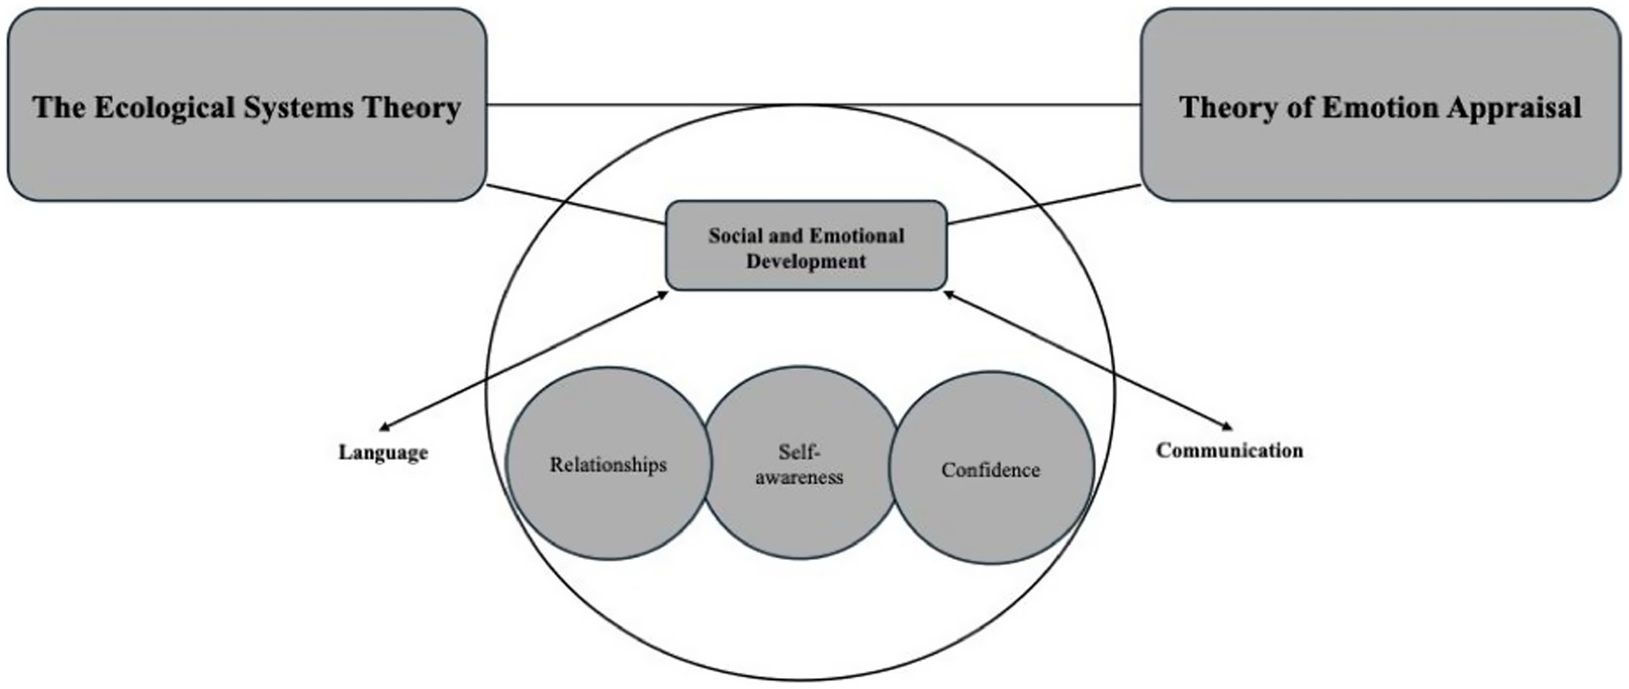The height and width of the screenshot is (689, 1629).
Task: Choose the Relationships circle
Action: pyautogui.click(x=608, y=465)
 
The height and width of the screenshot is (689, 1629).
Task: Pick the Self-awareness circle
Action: pyautogui.click(x=799, y=465)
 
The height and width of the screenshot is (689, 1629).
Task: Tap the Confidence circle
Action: pyautogui.click(x=991, y=470)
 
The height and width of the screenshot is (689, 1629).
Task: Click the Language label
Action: pyautogui.click(x=383, y=453)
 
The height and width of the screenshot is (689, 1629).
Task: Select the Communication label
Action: pyautogui.click(x=1229, y=450)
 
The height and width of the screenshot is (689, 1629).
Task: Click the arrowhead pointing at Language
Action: pyautogui.click(x=385, y=426)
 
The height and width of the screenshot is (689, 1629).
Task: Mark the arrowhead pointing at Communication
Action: pyautogui.click(x=1226, y=425)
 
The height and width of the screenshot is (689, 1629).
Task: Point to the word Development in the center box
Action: pyautogui.click(x=806, y=262)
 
